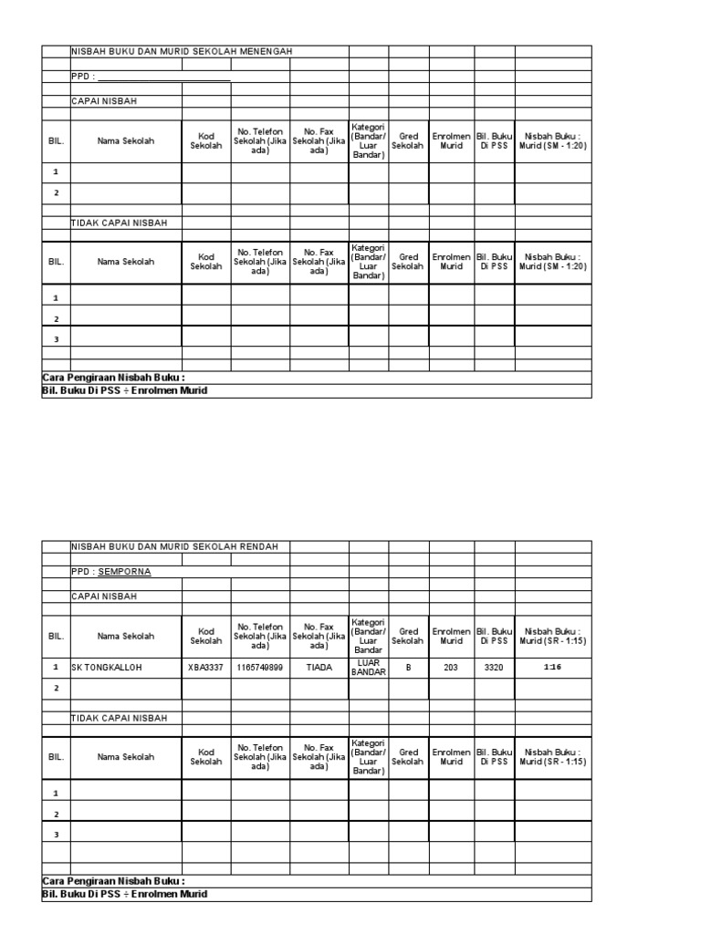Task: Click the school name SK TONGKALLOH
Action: click(x=107, y=667)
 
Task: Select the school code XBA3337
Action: click(x=205, y=667)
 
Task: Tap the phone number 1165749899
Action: click(x=260, y=667)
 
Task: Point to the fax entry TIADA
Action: click(x=319, y=667)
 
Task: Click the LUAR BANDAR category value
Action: click(x=369, y=667)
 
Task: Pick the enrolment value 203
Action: click(x=451, y=667)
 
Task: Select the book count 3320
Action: click(x=494, y=667)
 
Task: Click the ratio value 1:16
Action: click(x=552, y=667)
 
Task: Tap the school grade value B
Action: click(x=408, y=667)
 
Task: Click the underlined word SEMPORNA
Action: click(x=125, y=572)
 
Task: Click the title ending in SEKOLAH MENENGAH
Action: click(x=182, y=52)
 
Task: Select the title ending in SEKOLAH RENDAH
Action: click(x=181, y=546)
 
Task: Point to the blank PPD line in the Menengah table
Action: click(x=164, y=78)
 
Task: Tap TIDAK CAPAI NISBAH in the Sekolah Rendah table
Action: click(x=120, y=718)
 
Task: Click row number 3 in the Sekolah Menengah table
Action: click(x=56, y=339)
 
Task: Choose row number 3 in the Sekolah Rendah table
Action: click(x=56, y=834)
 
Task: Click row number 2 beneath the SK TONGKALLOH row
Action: click(x=56, y=688)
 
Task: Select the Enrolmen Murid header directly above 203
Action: click(x=451, y=636)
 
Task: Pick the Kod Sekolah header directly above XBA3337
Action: click(x=205, y=636)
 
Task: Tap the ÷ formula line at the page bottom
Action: click(x=125, y=894)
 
